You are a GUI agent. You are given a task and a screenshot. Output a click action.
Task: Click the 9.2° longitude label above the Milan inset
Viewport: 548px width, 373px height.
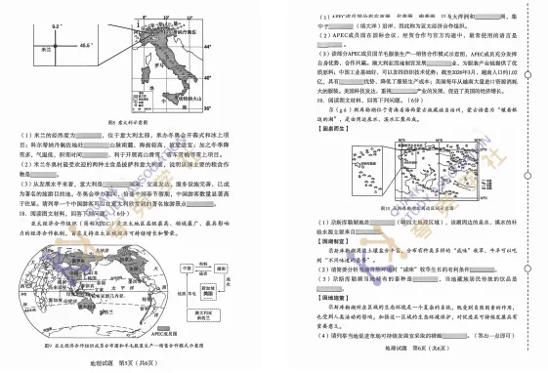(x=56, y=26)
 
